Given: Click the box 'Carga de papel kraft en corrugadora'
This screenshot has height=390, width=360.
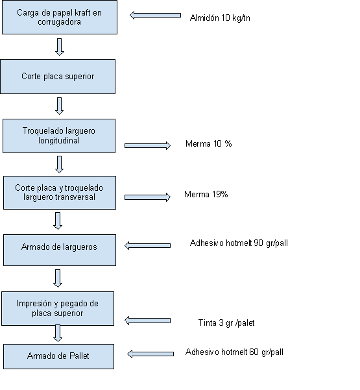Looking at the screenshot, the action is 60,17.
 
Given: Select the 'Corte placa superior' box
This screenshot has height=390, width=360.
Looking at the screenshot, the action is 58,77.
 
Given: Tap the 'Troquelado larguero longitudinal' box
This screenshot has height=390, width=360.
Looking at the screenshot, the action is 59,136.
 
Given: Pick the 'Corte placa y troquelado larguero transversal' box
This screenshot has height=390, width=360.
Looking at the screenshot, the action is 60,193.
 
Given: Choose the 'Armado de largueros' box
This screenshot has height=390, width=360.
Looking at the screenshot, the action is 60,250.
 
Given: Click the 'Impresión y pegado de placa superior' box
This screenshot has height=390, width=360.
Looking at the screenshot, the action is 58,308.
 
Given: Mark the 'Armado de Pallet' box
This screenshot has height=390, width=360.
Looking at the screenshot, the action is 58,356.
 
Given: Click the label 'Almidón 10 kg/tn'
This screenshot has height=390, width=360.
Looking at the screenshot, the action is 220,18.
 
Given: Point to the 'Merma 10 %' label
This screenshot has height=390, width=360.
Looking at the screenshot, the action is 209,144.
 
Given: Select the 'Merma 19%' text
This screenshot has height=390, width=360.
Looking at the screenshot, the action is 206,194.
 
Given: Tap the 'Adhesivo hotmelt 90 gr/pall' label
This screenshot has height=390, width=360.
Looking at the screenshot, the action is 239,243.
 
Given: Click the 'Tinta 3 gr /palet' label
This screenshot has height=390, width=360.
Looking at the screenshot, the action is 226,323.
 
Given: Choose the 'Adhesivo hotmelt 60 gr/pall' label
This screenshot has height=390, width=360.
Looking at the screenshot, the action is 234,352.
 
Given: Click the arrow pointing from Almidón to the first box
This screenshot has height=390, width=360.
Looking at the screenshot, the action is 155,16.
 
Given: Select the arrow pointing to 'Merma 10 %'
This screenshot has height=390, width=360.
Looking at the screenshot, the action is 147,145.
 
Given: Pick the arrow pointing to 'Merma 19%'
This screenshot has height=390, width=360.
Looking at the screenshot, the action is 147,197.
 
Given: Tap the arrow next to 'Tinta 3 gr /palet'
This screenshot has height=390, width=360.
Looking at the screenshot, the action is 147,321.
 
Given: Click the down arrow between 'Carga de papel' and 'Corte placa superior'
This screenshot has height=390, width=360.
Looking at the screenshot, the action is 60,47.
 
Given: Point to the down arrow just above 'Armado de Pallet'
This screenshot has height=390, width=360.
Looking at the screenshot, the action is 58,334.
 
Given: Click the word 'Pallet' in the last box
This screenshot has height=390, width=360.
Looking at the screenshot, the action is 79,356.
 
